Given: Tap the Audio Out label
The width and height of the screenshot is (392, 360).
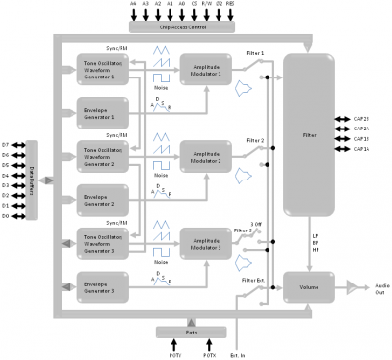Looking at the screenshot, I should (x=375, y=261).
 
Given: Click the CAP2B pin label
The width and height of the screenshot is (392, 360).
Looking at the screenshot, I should (x=362, y=118).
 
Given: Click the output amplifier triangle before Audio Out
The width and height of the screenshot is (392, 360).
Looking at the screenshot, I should (x=352, y=261).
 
